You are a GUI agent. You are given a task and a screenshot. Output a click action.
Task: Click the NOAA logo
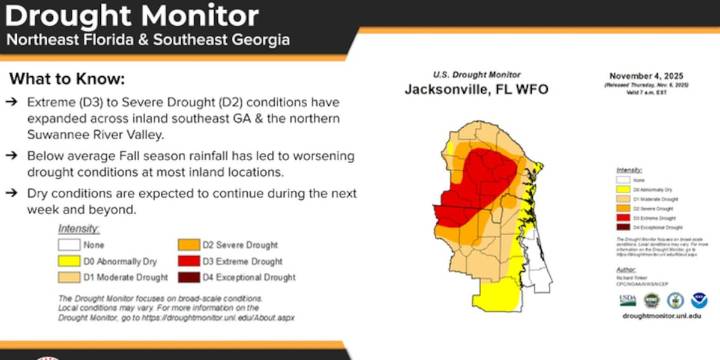[699, 299]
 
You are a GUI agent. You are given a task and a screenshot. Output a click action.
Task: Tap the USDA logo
[627, 299]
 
